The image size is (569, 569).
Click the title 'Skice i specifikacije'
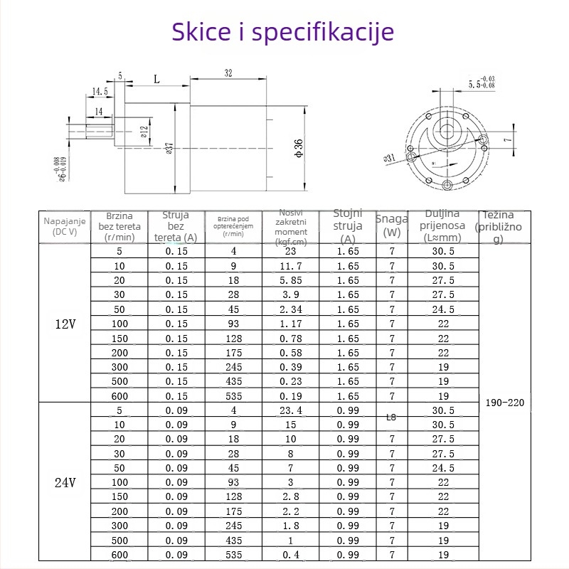pyautogui.click(x=283, y=32)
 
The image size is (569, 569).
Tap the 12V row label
pyautogui.click(x=65, y=324)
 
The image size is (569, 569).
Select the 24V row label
pyautogui.click(x=65, y=482)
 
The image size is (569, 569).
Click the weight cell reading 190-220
pyautogui.click(x=504, y=403)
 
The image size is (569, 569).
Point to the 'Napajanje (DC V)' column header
pyautogui.click(x=65, y=226)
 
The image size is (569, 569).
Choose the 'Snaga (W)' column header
pyautogui.click(x=391, y=226)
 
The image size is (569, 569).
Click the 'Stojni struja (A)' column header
pyautogui.click(x=348, y=226)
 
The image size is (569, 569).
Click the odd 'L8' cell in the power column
pyautogui.click(x=391, y=418)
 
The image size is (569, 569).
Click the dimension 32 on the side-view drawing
pyautogui.click(x=228, y=73)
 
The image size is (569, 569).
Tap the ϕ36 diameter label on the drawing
pyautogui.click(x=299, y=147)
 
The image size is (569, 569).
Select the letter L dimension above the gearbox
pyautogui.click(x=156, y=80)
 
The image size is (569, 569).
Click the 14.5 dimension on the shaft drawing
pyautogui.click(x=100, y=92)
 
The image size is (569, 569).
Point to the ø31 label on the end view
pyautogui.click(x=389, y=158)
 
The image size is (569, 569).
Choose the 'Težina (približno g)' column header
pyautogui.click(x=503, y=227)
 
